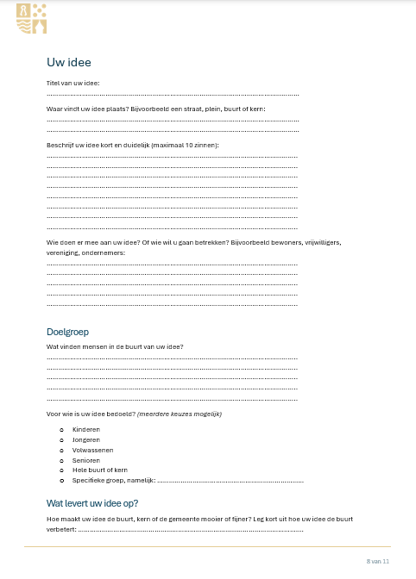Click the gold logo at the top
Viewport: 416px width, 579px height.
tap(32, 18)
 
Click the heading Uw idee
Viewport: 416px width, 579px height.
tap(69, 62)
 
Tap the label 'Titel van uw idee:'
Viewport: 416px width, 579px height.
tap(72, 83)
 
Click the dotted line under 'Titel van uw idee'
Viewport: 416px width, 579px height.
tap(173, 93)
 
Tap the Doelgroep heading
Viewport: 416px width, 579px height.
tap(67, 332)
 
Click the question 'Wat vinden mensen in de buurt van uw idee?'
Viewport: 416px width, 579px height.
tap(115, 346)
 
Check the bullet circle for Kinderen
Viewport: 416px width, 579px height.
tap(61, 429)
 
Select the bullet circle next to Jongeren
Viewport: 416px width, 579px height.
tap(61, 439)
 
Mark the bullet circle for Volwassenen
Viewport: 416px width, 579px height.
tap(61, 450)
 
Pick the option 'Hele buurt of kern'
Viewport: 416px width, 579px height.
tap(99, 470)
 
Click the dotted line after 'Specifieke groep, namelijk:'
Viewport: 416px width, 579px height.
tap(230, 481)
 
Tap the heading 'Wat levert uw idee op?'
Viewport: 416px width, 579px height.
tap(92, 503)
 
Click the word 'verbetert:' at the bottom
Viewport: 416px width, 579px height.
tap(61, 529)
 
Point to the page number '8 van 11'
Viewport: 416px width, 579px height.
tap(378, 561)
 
